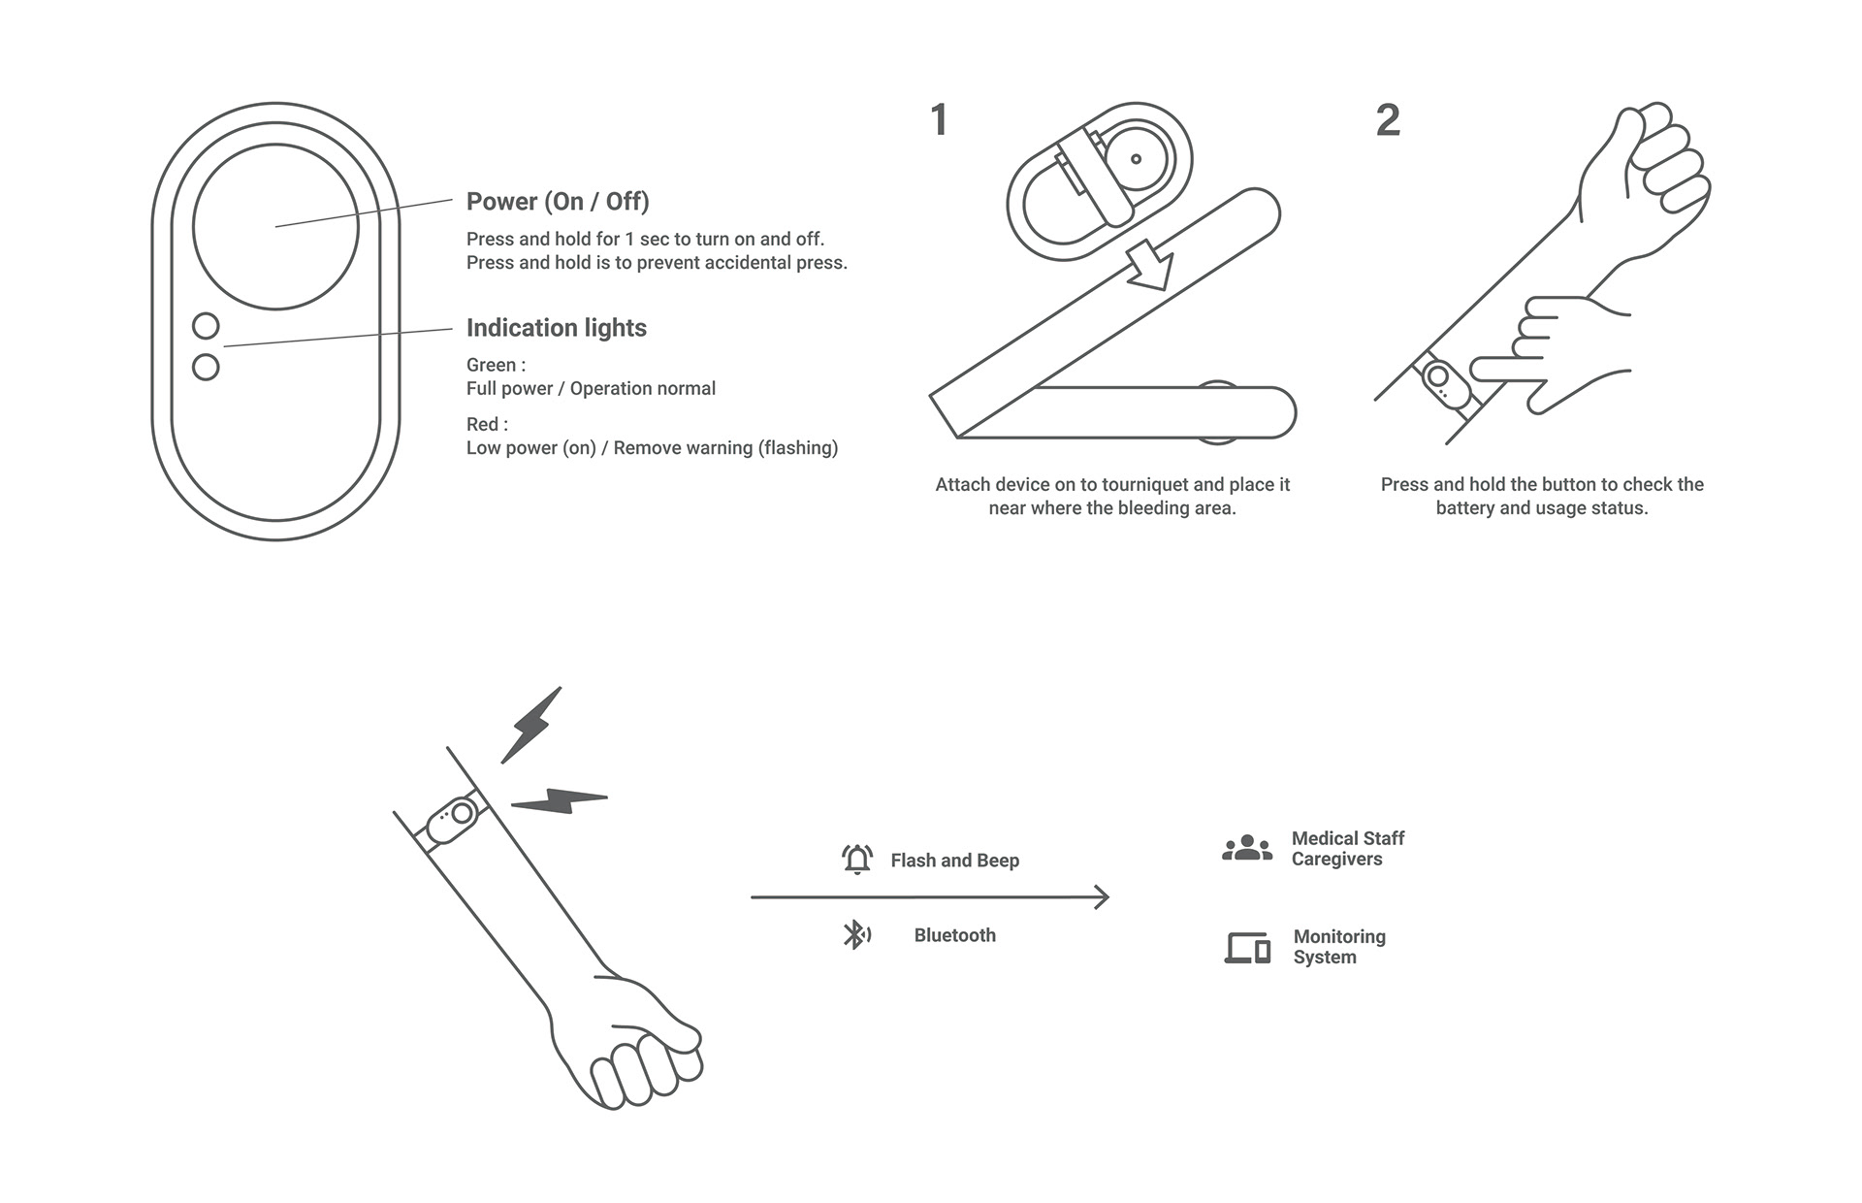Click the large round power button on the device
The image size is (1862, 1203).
pos(275,226)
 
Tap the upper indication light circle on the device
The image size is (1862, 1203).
pos(206,325)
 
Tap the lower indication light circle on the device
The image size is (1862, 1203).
pos(206,367)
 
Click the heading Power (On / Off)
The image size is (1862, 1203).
pos(558,202)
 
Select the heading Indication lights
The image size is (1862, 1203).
pos(556,328)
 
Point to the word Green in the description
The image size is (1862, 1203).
pos(491,366)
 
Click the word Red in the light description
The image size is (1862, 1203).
pos(482,425)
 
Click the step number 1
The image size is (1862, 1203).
pos(938,120)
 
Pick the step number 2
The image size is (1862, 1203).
pos(1388,120)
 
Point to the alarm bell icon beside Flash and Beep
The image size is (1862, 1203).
pos(857,860)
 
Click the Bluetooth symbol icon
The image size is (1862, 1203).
pos(855,935)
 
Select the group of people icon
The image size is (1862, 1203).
pos(1247,848)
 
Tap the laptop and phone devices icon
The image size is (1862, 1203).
pos(1247,947)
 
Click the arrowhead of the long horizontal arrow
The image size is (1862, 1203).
pos(1102,897)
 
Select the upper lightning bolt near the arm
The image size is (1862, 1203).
pos(530,726)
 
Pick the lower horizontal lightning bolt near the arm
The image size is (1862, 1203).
pos(560,800)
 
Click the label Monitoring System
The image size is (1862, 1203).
pos(1339,947)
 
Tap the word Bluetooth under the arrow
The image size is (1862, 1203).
pos(954,935)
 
